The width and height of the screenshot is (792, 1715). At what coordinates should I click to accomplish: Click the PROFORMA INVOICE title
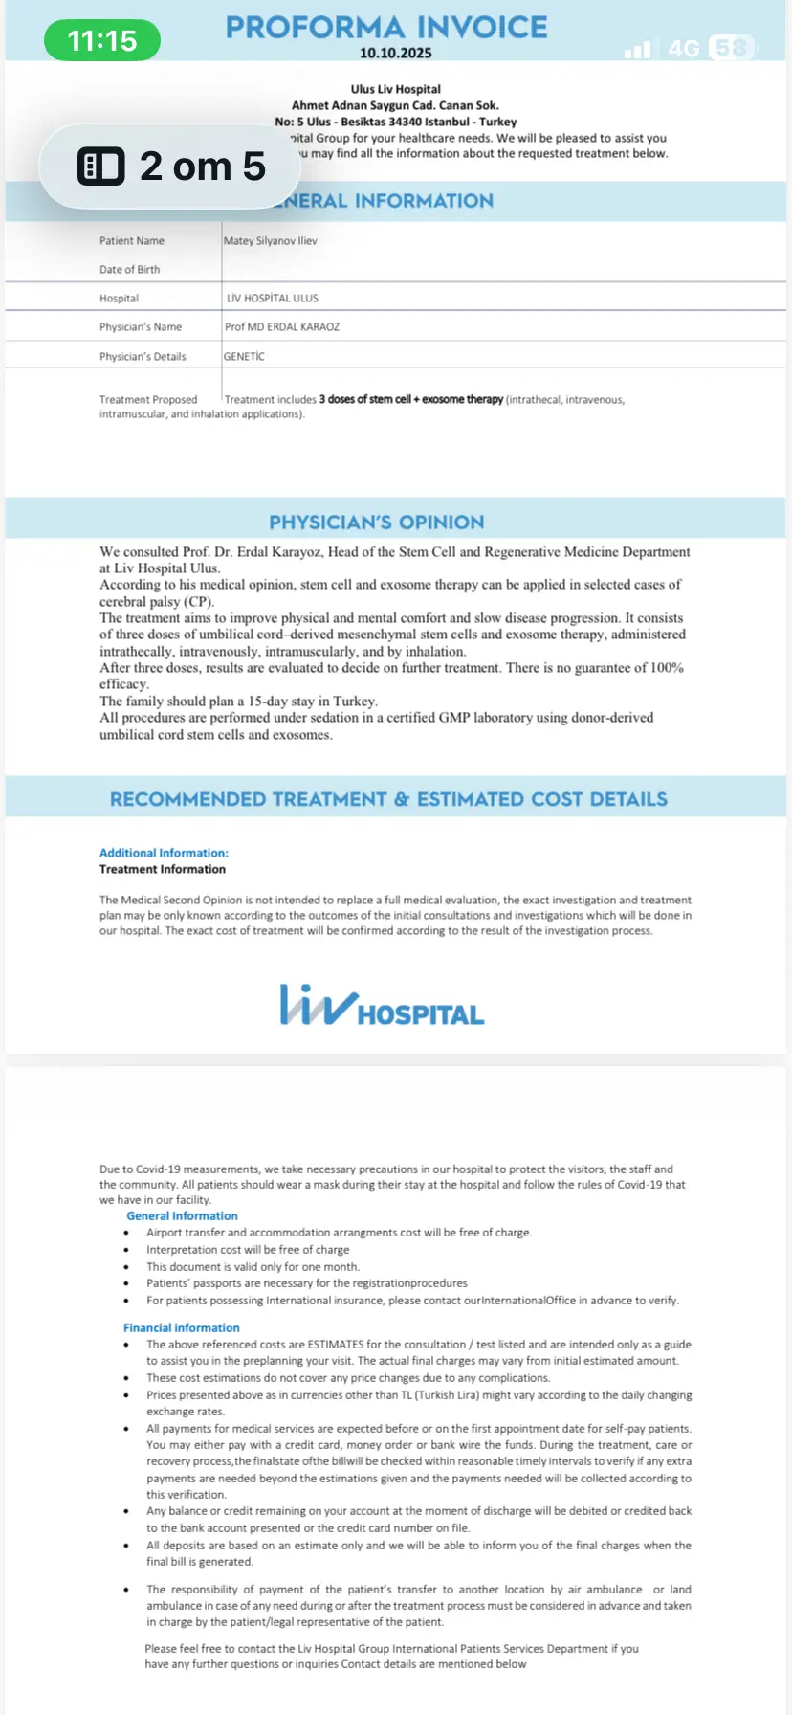pyautogui.click(x=386, y=27)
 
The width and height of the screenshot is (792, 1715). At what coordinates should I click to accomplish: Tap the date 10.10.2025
pyautogui.click(x=395, y=54)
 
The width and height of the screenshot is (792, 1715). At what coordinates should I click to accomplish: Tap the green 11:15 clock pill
pyautogui.click(x=102, y=40)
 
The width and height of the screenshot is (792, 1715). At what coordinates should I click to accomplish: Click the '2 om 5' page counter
pyautogui.click(x=170, y=167)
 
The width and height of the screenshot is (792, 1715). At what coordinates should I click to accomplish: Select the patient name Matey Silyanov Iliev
pyautogui.click(x=270, y=241)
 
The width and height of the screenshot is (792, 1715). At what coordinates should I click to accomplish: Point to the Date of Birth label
pyautogui.click(x=129, y=270)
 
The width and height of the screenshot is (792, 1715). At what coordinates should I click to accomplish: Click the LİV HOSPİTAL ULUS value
pyautogui.click(x=272, y=299)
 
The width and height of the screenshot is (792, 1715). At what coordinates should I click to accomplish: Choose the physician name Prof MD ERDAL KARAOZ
pyautogui.click(x=281, y=327)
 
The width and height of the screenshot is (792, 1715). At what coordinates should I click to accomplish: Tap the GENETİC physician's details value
pyautogui.click(x=244, y=356)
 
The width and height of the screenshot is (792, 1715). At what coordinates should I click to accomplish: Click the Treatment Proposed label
pyautogui.click(x=148, y=400)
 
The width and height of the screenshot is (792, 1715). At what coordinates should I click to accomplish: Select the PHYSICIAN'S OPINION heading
pyautogui.click(x=376, y=523)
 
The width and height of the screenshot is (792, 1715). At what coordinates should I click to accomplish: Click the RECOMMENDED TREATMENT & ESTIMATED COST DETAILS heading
pyautogui.click(x=388, y=799)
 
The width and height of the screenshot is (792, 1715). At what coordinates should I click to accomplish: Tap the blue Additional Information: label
pyautogui.click(x=164, y=853)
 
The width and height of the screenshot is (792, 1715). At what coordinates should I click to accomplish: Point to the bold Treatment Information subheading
pyautogui.click(x=163, y=869)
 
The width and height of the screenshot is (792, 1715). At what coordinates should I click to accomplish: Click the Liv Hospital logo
pyautogui.click(x=382, y=1007)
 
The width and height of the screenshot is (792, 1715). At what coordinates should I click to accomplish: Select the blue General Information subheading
pyautogui.click(x=182, y=1216)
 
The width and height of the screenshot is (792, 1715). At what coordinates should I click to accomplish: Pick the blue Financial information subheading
pyautogui.click(x=181, y=1328)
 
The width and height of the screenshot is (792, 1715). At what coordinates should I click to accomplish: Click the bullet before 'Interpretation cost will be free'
pyautogui.click(x=126, y=1250)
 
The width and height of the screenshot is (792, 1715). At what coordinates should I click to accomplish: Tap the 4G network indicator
pyautogui.click(x=684, y=48)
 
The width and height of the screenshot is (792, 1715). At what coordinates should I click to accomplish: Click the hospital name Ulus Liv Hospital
pyautogui.click(x=395, y=89)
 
